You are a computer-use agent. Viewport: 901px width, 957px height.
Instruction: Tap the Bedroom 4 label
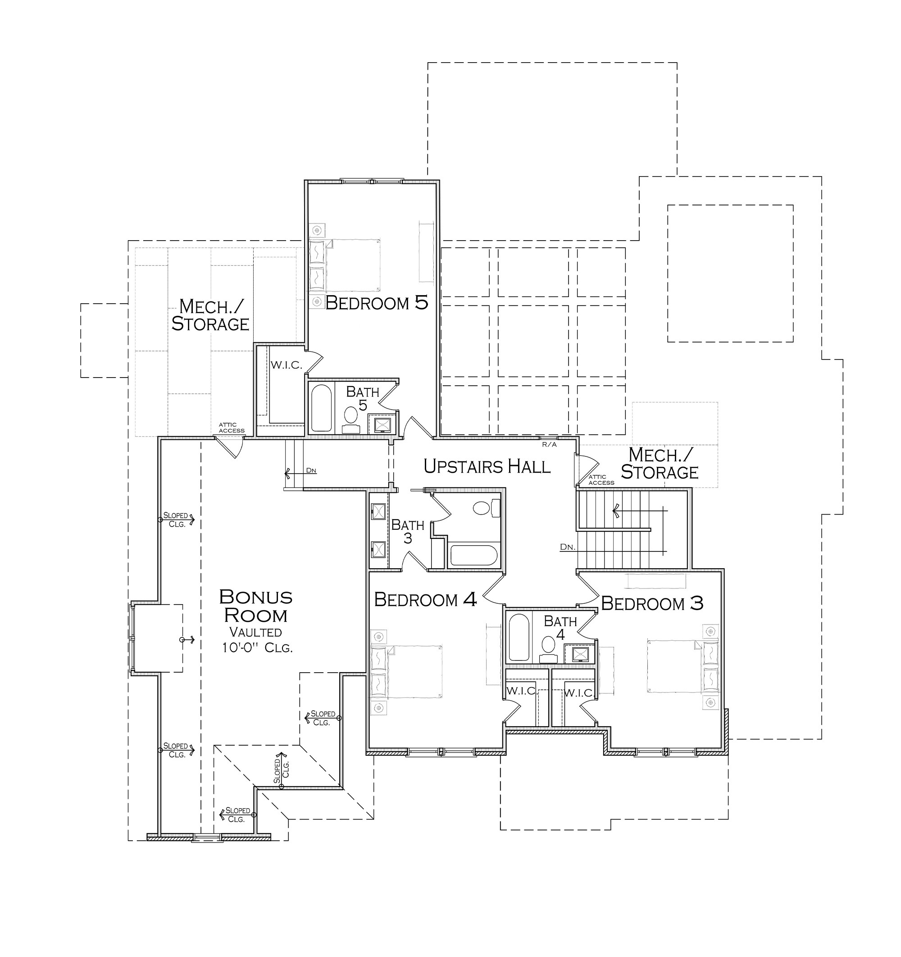[x=425, y=599]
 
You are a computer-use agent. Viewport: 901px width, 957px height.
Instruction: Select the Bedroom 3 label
[x=652, y=603]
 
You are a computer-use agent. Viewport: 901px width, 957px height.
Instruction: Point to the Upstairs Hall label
[x=487, y=466]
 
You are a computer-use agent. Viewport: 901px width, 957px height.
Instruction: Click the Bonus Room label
[x=255, y=606]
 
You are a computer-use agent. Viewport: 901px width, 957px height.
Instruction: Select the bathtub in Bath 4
[x=519, y=638]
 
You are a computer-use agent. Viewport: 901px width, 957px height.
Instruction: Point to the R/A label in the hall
[x=549, y=444]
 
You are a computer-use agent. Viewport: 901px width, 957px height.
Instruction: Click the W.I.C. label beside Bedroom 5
[x=286, y=365]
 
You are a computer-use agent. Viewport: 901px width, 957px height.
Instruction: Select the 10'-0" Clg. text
[x=257, y=648]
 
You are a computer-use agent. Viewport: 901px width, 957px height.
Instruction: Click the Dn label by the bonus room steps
[x=311, y=470]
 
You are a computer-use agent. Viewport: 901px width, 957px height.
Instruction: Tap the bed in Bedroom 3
[x=683, y=666]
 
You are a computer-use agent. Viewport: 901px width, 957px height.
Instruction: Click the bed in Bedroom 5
[x=344, y=265]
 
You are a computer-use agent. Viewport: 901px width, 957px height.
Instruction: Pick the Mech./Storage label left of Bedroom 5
[x=210, y=315]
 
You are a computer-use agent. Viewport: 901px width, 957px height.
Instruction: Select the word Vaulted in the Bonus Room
[x=255, y=632]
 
